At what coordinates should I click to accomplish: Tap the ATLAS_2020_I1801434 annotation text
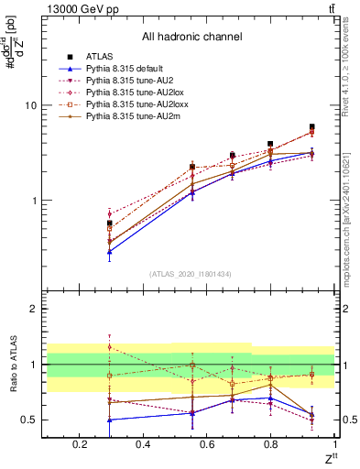click(191, 273)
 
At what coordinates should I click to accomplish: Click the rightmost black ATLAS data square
click(311, 127)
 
